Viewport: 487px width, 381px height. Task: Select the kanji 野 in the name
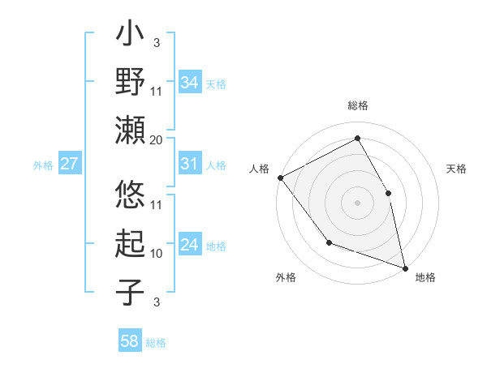[131, 83]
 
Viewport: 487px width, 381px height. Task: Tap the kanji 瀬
[131, 130]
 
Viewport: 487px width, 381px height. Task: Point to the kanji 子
[131, 291]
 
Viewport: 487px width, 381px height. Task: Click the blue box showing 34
[190, 82]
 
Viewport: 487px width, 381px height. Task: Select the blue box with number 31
[190, 164]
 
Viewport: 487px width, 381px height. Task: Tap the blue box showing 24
[190, 245]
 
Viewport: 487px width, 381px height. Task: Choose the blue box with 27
[69, 164]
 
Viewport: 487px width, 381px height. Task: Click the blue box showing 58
[130, 341]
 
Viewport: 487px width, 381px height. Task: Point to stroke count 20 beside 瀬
[157, 139]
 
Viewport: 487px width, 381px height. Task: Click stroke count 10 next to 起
[157, 253]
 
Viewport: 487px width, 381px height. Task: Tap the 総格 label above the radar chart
[358, 106]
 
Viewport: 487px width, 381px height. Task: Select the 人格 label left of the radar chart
[260, 168]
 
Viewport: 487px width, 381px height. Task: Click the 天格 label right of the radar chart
[456, 169]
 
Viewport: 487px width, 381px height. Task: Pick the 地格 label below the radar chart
[425, 277]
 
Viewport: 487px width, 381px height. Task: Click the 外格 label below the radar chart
[286, 277]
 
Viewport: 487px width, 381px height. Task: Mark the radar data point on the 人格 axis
[280, 177]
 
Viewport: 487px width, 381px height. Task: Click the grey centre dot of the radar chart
[358, 202]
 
